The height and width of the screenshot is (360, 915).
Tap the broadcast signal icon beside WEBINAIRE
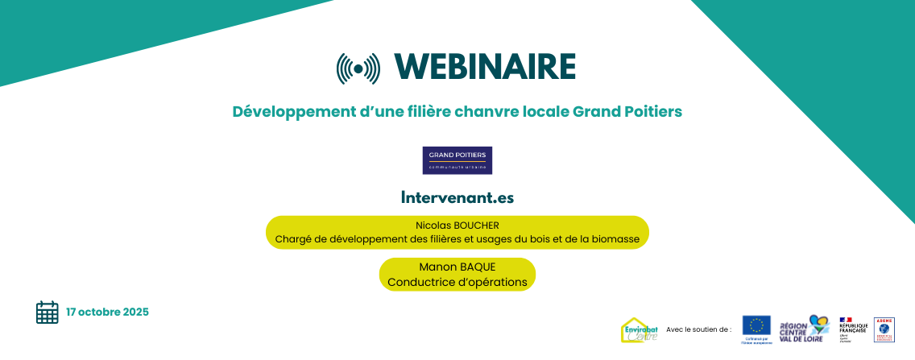358,68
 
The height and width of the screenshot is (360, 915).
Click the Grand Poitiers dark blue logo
457,160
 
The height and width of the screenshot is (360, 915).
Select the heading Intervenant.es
457,197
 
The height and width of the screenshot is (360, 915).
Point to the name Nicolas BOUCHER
457,226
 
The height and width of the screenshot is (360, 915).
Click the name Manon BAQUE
457,267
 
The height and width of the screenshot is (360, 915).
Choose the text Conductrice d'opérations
457,282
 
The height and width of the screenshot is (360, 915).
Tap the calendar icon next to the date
48,312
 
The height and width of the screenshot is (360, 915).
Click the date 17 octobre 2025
107,312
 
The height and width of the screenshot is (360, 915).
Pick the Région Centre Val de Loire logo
803,329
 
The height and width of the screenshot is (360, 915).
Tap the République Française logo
852,329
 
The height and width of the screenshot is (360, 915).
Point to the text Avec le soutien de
698,329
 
